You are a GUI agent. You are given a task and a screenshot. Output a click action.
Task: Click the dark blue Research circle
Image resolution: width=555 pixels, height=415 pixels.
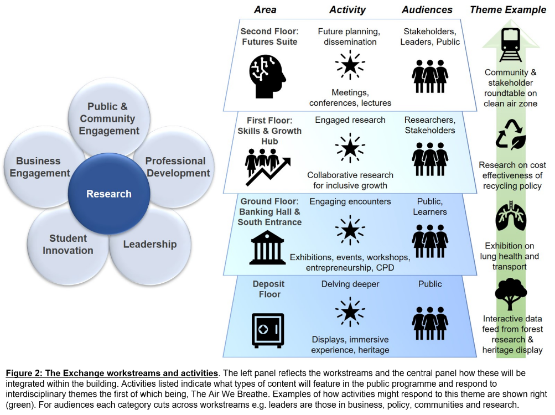click(x=109, y=194)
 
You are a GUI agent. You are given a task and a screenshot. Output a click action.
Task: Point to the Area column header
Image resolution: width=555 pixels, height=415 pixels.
click(x=265, y=9)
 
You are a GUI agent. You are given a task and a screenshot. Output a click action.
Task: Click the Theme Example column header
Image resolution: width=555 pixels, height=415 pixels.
click(x=507, y=9)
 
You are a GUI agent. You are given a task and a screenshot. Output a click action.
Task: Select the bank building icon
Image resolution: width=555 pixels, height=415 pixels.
click(x=267, y=247)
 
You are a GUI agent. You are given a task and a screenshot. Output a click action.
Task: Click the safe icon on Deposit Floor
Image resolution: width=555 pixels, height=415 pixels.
click(x=268, y=330)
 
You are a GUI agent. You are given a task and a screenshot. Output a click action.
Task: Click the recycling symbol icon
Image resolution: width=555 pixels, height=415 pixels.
click(x=510, y=135)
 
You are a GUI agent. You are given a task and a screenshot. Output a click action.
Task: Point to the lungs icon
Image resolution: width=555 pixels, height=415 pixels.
click(x=510, y=217)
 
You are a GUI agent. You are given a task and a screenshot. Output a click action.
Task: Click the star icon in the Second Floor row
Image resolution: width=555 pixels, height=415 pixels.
click(x=350, y=65)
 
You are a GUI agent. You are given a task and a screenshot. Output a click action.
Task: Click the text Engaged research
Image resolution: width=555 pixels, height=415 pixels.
click(x=350, y=120)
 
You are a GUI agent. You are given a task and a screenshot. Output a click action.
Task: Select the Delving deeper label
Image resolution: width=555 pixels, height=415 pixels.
click(x=350, y=284)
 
